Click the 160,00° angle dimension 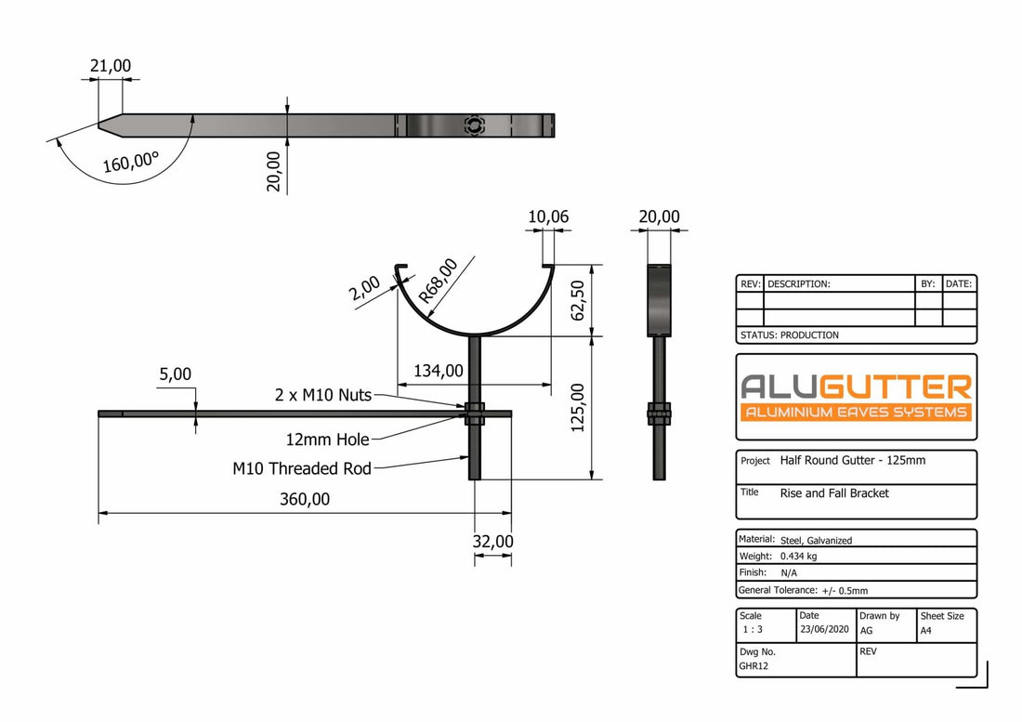click(x=131, y=164)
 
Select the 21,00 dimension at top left click(x=111, y=65)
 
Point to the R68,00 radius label click(x=439, y=282)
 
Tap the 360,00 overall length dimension click(x=304, y=499)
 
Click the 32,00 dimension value click(x=492, y=541)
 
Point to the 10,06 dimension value click(x=548, y=217)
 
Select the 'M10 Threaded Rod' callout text click(x=302, y=468)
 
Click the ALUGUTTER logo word click(x=855, y=387)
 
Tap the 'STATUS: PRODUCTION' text click(x=790, y=335)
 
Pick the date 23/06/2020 click(x=823, y=630)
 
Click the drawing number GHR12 click(x=753, y=666)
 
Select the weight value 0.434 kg click(x=799, y=556)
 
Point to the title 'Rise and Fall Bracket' click(x=834, y=493)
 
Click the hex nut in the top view click(x=474, y=125)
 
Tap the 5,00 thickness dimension click(x=175, y=374)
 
